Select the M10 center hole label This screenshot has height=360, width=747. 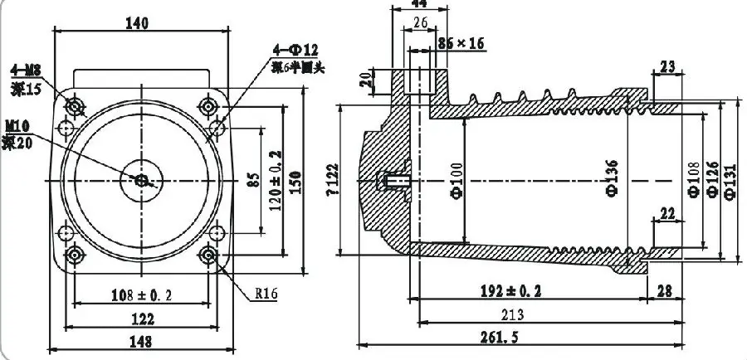pyautogui.click(x=17, y=126)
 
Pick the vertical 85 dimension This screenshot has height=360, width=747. pyautogui.click(x=254, y=179)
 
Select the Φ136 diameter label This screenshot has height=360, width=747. pyautogui.click(x=613, y=181)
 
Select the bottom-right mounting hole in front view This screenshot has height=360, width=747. pyautogui.click(x=208, y=254)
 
